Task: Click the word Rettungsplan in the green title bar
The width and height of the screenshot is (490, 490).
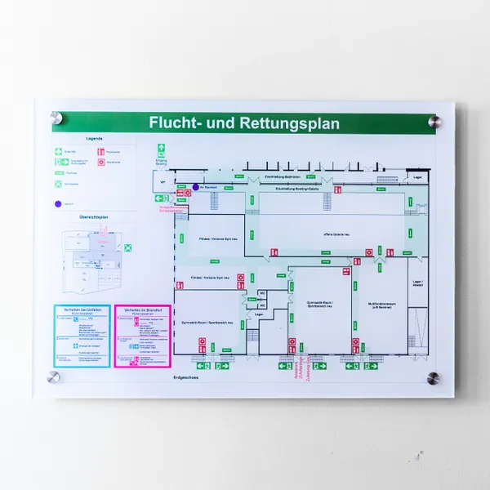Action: click(290, 124)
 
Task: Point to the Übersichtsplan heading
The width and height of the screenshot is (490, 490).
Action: click(95, 216)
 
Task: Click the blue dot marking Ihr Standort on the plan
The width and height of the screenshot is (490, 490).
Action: click(194, 185)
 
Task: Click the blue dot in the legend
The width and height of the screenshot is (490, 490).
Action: click(59, 204)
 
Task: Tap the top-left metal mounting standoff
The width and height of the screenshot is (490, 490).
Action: click(56, 116)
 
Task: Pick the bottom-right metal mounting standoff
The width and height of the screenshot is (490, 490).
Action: click(433, 378)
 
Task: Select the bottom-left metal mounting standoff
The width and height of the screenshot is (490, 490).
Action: click(54, 377)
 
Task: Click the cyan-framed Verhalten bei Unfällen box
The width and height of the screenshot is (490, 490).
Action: click(82, 336)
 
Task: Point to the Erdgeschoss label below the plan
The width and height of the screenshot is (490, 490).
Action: click(185, 378)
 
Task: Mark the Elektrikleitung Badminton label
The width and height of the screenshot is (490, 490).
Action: click(283, 176)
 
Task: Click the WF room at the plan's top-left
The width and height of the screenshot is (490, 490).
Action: click(163, 182)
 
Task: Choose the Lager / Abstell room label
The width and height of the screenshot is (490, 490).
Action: click(417, 283)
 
